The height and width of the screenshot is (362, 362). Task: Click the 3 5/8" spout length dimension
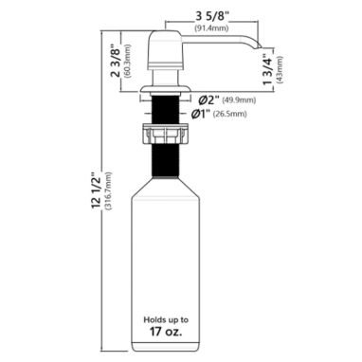tap(211, 17)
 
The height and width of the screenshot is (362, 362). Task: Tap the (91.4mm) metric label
tap(211, 28)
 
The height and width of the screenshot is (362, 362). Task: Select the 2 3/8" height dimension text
tap(115, 62)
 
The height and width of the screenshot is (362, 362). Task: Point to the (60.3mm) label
tap(127, 62)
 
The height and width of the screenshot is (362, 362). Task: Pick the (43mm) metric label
tap(280, 69)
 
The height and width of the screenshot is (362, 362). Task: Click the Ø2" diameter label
tap(208, 100)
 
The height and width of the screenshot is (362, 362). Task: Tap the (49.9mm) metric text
tap(239, 100)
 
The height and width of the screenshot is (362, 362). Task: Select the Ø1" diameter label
tap(201, 114)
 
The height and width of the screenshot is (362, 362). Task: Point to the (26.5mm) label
tap(230, 114)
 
